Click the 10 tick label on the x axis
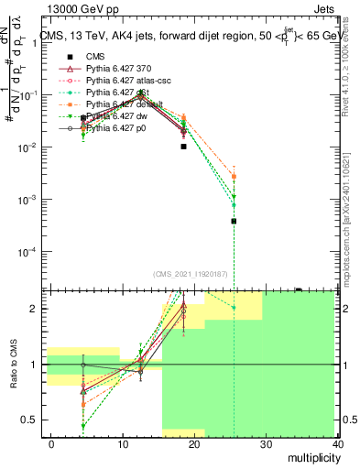pos(123,443)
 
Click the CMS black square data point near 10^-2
pos(184,147)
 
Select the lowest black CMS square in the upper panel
pos(235,221)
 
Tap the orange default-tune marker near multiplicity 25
pos(235,177)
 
